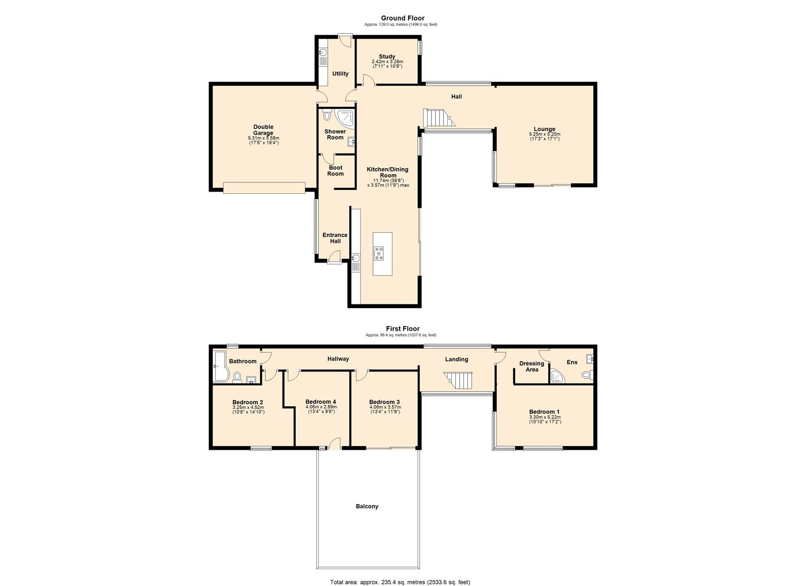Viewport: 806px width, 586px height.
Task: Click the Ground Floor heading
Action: coord(402,18)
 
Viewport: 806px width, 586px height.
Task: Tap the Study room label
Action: coord(387,56)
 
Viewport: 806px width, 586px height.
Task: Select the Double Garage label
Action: coord(263,130)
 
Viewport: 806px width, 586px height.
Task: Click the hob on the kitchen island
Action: coord(379,253)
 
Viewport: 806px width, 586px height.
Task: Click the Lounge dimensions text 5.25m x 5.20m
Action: coord(544,135)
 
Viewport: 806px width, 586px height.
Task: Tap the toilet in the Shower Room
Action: coord(327,116)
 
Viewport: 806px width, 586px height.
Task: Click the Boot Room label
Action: coord(335,171)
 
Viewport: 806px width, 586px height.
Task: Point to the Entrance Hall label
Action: coord(335,238)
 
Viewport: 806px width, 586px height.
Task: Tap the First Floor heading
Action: coord(402,328)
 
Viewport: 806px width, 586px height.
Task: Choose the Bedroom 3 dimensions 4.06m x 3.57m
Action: coord(384,407)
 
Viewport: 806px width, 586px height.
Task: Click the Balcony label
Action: coord(367,506)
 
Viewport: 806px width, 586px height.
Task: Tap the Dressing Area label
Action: coord(531,367)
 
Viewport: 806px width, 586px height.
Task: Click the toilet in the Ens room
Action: coord(586,374)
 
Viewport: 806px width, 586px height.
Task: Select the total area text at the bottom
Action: coord(400,582)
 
